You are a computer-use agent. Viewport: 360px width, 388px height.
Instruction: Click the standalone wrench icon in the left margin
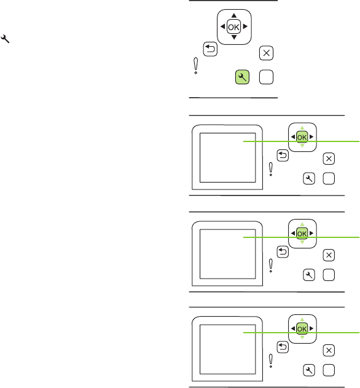click(x=5, y=39)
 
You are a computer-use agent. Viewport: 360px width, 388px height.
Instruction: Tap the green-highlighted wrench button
click(x=242, y=77)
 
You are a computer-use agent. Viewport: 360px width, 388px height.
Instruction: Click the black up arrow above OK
click(x=234, y=15)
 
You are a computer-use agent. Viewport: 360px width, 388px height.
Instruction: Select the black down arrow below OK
click(x=234, y=38)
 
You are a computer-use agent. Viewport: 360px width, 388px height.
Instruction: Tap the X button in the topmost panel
click(x=266, y=53)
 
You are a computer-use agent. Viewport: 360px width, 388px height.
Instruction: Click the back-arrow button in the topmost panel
click(x=210, y=49)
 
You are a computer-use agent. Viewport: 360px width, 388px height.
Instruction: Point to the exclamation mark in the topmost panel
click(x=195, y=66)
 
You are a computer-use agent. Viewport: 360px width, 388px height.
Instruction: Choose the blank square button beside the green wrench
click(x=266, y=77)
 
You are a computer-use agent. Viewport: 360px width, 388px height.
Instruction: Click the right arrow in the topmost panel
click(x=245, y=26)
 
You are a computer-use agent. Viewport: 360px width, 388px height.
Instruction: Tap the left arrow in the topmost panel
click(x=222, y=26)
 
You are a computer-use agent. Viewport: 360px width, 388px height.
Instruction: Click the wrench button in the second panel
click(x=309, y=178)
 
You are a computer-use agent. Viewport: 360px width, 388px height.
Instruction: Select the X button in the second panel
click(x=329, y=159)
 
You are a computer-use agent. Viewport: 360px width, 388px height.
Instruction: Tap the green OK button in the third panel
click(x=302, y=233)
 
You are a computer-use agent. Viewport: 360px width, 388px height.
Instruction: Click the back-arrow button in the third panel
click(x=283, y=252)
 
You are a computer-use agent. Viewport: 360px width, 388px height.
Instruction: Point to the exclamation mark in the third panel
click(x=271, y=266)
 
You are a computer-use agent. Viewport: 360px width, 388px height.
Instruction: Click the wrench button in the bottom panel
click(x=309, y=370)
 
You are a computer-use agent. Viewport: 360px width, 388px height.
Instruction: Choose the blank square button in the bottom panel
click(x=329, y=370)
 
